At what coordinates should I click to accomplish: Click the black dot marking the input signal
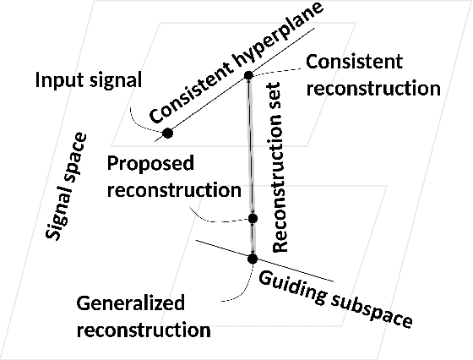pyautogui.click(x=167, y=133)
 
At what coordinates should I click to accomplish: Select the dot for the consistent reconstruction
pyautogui.click(x=248, y=76)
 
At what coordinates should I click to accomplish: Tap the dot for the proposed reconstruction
pyautogui.click(x=252, y=219)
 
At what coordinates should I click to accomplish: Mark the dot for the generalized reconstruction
pyautogui.click(x=252, y=258)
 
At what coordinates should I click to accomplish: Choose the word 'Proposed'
pyautogui.click(x=150, y=162)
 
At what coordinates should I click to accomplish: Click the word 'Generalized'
pyautogui.click(x=130, y=303)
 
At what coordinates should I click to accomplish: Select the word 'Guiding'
pyautogui.click(x=292, y=286)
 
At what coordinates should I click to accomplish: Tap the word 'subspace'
pyautogui.click(x=371, y=310)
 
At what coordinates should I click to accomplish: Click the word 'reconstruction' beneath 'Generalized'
pyautogui.click(x=143, y=329)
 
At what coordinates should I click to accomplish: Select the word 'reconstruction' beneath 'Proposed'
pyautogui.click(x=174, y=189)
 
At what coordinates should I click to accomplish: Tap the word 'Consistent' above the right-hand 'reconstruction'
pyautogui.click(x=354, y=62)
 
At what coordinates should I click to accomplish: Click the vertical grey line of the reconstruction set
pyautogui.click(x=250, y=152)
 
